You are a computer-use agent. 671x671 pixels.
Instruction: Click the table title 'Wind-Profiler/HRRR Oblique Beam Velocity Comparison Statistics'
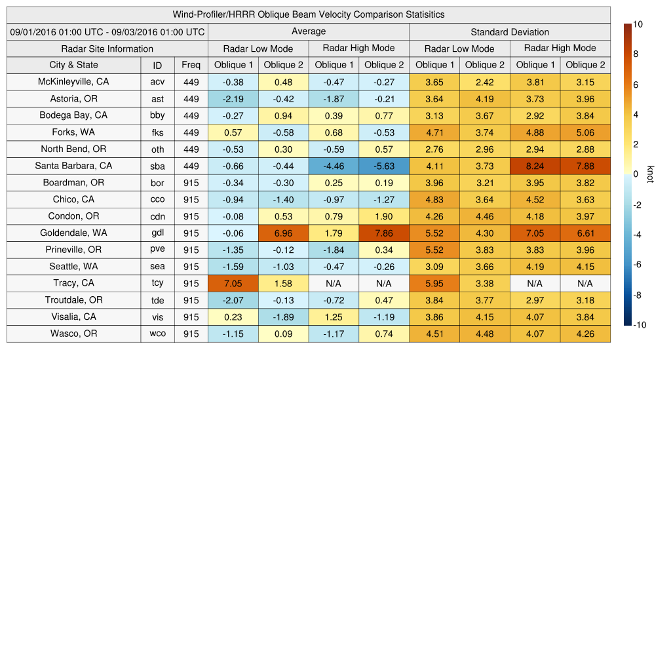(309, 14)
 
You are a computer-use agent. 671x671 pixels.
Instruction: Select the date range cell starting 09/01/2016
(107, 31)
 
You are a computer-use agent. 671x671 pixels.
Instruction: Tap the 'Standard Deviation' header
(510, 31)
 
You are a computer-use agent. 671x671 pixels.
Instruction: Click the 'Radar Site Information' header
(107, 48)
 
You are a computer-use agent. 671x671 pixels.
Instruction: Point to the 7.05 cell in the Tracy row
(233, 283)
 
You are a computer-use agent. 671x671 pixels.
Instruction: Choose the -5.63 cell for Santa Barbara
(383, 166)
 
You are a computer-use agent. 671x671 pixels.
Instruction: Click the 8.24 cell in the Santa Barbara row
(535, 166)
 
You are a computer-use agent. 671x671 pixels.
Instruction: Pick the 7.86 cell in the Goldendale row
(383, 233)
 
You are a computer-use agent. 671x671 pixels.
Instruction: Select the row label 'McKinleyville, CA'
(73, 82)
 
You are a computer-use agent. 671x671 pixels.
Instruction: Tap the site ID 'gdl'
(157, 233)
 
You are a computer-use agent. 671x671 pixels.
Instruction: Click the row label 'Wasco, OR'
(73, 334)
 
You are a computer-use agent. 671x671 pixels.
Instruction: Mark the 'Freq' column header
(191, 65)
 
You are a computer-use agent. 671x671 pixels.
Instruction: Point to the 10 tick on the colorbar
(638, 24)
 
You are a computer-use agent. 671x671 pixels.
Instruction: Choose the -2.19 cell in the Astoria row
(233, 99)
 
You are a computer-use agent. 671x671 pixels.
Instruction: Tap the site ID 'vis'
(157, 316)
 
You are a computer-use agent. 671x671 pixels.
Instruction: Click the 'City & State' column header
(73, 65)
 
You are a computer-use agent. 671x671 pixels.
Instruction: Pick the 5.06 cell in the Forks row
(585, 132)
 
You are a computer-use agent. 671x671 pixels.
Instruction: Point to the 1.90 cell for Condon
(383, 216)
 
